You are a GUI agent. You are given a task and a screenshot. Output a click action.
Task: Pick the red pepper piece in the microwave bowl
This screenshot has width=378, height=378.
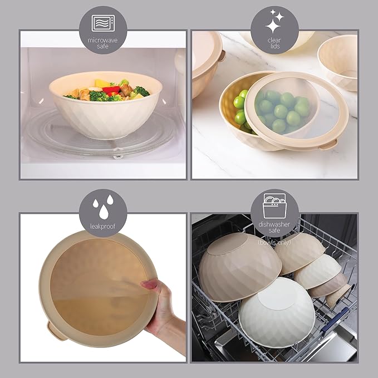(111, 89)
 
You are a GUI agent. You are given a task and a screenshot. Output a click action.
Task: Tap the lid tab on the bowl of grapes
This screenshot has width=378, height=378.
(329, 144)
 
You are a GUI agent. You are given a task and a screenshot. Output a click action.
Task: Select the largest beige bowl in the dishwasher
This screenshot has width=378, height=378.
(239, 267)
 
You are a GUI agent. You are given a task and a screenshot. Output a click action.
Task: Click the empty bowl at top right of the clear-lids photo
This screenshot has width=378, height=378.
(338, 61)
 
